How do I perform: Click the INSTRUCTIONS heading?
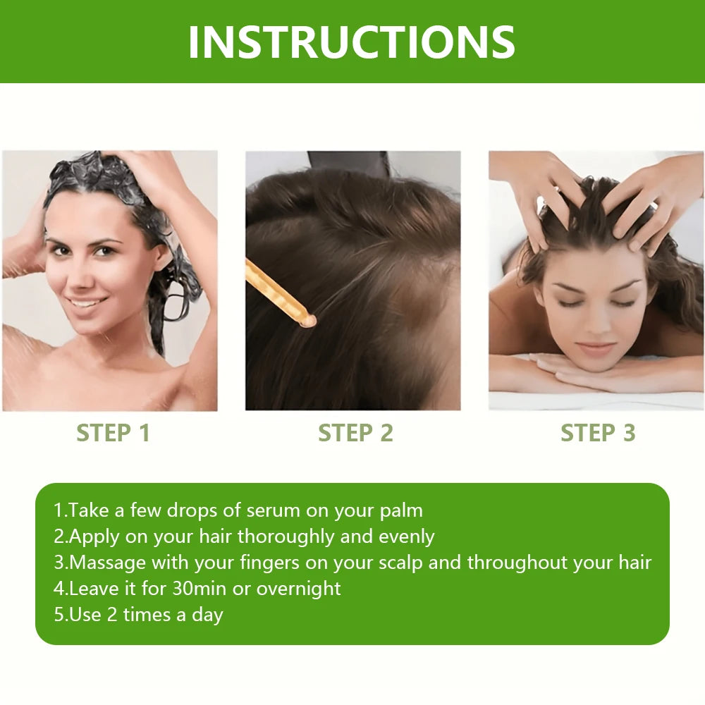coord(351,42)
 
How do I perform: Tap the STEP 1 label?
coord(114,433)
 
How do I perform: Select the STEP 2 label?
coord(355,433)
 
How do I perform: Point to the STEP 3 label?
coord(598,433)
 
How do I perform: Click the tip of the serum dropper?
coord(307,321)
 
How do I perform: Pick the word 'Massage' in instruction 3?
coord(107,563)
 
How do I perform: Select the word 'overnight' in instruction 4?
coord(298,588)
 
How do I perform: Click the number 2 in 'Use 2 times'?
coord(111,614)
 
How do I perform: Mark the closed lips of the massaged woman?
coord(596,348)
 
